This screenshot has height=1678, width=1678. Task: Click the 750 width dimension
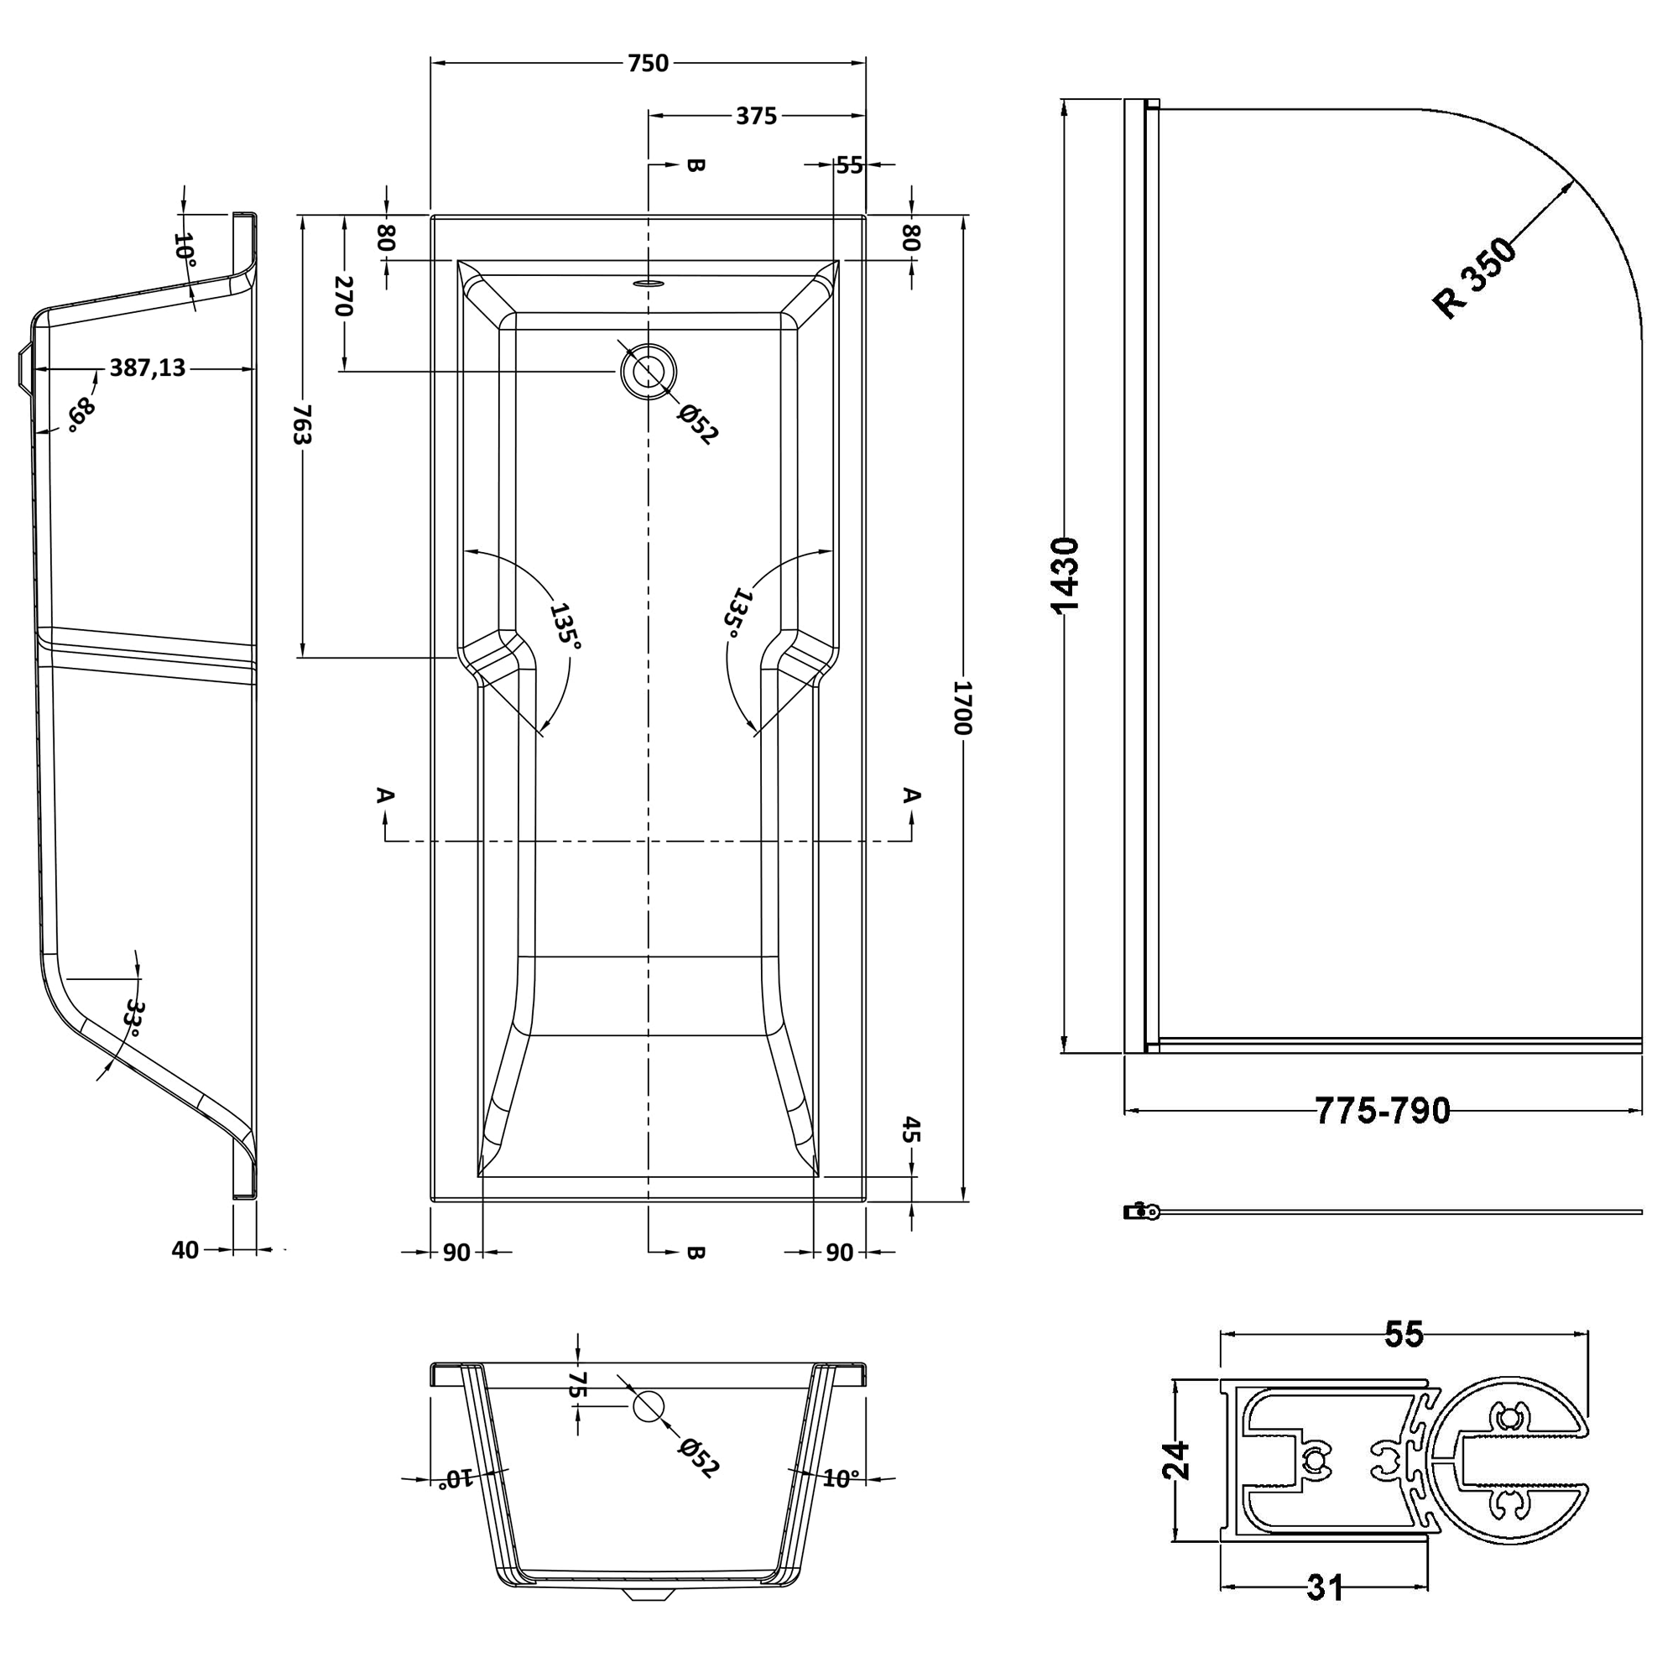[648, 64]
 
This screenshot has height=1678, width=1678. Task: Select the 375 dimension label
[756, 116]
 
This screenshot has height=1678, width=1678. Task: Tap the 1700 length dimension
[961, 707]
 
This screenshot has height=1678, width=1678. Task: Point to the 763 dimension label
[301, 423]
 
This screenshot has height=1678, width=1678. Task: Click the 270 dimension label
[344, 296]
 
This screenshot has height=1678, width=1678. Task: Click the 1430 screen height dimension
[1065, 575]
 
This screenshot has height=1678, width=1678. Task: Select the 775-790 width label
[1382, 1111]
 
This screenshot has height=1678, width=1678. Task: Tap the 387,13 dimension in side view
[147, 368]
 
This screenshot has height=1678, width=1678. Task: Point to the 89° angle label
[80, 414]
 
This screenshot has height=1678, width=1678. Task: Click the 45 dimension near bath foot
[909, 1130]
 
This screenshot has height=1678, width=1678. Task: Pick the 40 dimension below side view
[185, 1250]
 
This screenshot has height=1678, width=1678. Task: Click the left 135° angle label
[565, 625]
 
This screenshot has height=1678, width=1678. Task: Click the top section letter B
[695, 165]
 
